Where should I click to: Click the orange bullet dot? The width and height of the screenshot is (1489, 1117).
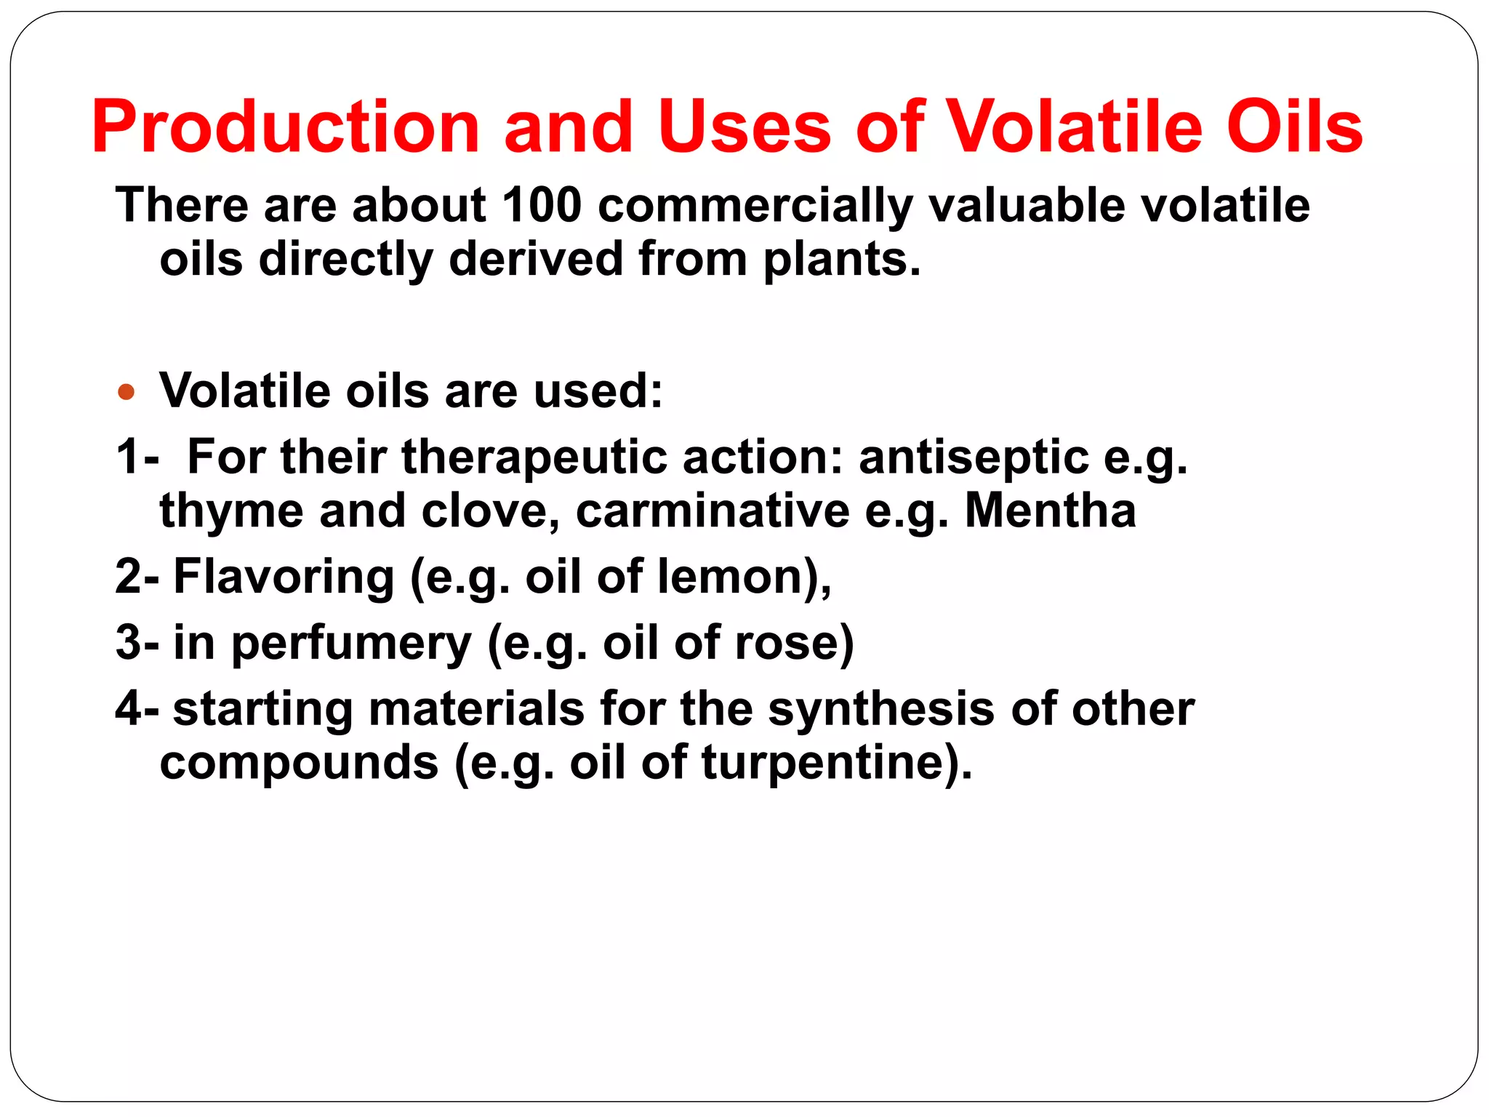tap(127, 392)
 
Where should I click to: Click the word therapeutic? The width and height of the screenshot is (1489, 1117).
tap(534, 458)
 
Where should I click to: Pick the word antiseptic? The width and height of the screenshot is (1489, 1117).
tap(974, 458)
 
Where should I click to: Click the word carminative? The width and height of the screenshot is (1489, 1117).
tap(713, 511)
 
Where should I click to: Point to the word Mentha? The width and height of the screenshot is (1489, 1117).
tap(1050, 511)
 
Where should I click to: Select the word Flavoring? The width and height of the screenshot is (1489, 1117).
tap(284, 577)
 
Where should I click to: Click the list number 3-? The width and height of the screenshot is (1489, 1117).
tap(137, 643)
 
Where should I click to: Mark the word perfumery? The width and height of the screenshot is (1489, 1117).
tap(351, 644)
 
